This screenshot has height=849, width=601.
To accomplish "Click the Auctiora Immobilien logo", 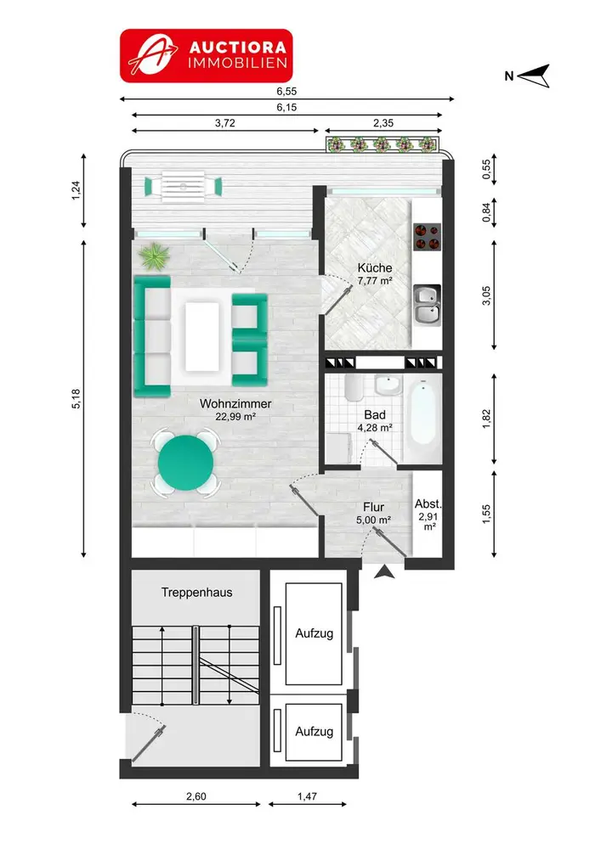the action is pos(206,56).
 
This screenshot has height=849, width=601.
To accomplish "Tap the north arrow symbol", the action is pos(533,76).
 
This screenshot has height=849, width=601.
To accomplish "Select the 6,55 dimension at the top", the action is pos(286,92).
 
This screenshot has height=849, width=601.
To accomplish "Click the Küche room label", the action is pos(375,268).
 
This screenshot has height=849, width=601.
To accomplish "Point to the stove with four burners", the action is pos(427,237).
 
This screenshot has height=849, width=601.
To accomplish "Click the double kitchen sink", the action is pos(427,306).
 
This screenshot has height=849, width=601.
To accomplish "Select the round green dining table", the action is pos(186,463).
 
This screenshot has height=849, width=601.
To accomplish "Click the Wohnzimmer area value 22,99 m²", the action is pos(235,417).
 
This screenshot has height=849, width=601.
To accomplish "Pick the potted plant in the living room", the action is pos(155,256).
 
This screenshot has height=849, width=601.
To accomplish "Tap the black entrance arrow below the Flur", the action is pos(384,571).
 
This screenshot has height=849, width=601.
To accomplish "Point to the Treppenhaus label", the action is pos(196,593).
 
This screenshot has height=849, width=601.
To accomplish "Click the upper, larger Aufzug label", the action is pos(315,633).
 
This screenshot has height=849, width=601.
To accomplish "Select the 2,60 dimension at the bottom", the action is pos(196,796).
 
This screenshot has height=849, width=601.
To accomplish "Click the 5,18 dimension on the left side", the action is pos(76,399).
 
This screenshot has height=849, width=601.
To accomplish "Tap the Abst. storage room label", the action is pos(428,504).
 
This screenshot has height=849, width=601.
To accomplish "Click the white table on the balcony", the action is pos(183,186).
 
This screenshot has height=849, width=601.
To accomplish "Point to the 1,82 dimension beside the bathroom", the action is pos(486,419).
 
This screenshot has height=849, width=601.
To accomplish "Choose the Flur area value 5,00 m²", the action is pos(374,520).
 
